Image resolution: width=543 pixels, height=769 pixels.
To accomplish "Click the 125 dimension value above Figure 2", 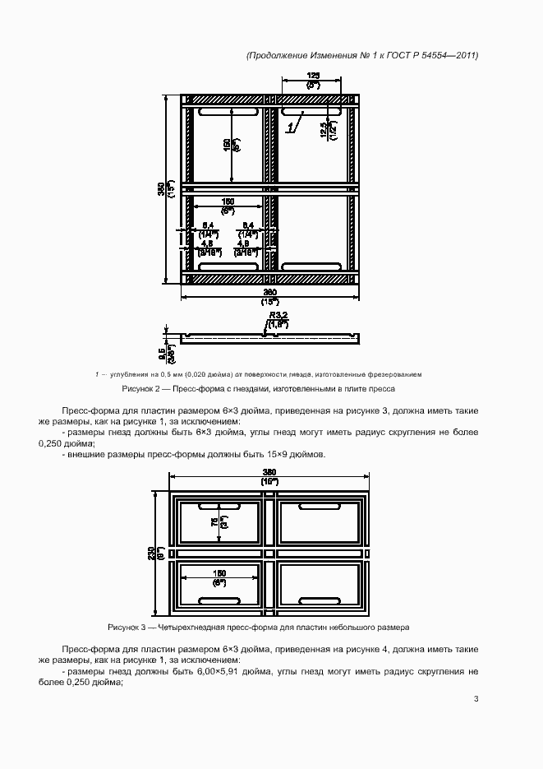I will point(312,75).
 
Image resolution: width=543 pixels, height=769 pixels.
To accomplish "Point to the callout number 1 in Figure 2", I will point(290,127).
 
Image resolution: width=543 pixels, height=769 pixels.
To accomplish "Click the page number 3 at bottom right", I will point(476,700).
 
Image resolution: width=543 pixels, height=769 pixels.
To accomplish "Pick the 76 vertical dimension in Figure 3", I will point(214,522).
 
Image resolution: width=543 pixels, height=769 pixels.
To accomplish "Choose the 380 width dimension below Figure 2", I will point(269,293).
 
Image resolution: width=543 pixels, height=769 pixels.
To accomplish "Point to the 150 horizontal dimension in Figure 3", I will point(219,573).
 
